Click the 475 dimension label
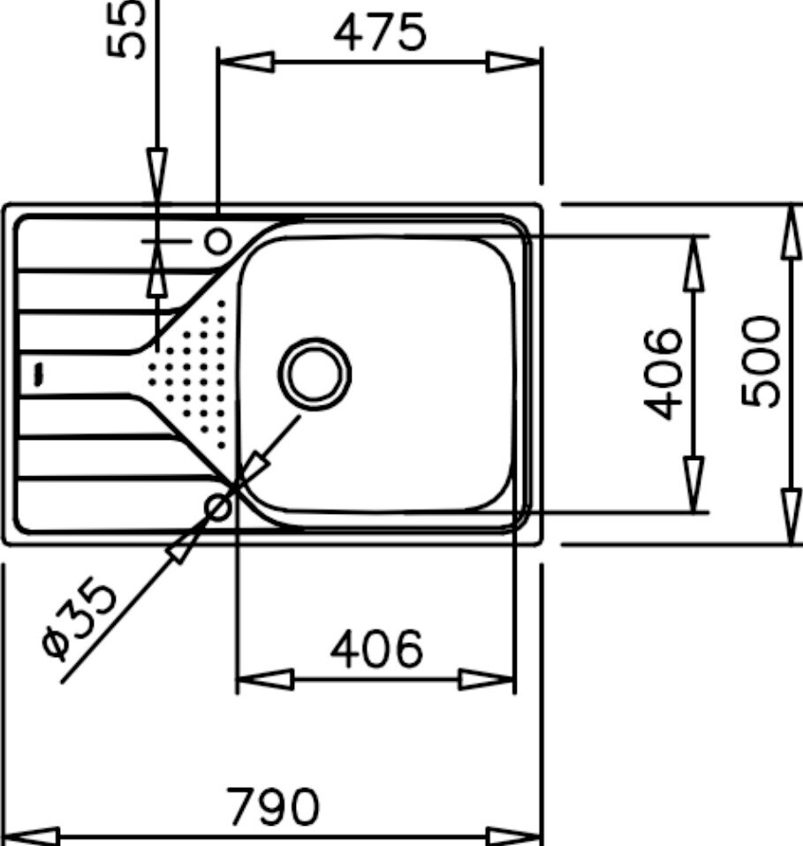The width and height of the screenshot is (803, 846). [x=380, y=33]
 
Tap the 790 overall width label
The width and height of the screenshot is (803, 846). [x=273, y=806]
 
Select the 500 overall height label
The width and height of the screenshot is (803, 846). [x=761, y=361]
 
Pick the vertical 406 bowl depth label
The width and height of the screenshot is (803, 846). [x=663, y=374]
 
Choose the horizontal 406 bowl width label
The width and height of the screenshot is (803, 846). [x=376, y=648]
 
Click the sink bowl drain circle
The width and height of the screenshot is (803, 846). [x=314, y=374]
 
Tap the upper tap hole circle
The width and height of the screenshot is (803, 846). [x=218, y=240]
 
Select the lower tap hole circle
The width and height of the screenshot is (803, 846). [x=218, y=507]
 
